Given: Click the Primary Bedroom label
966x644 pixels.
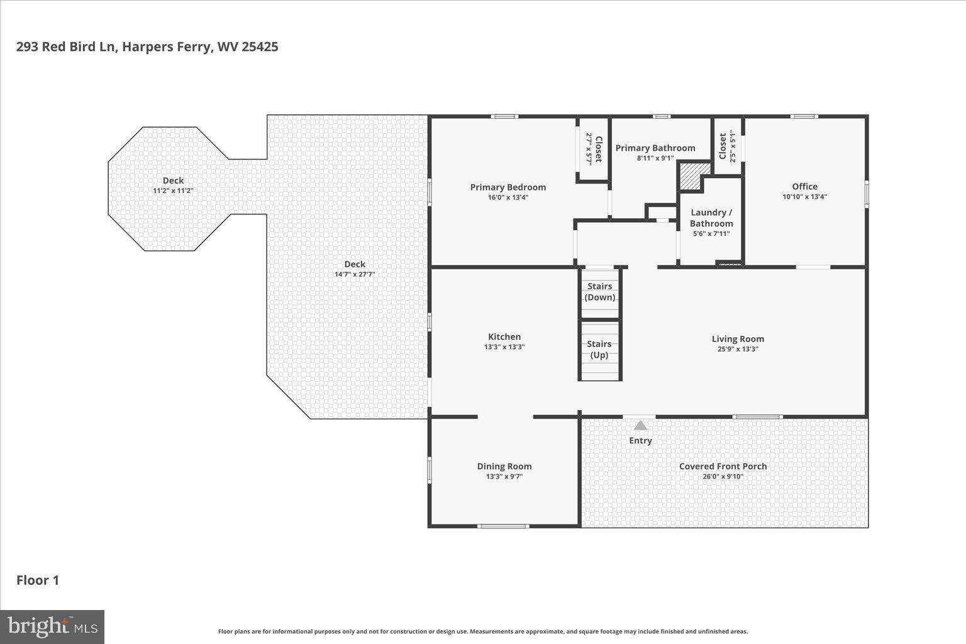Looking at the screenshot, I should (x=508, y=187).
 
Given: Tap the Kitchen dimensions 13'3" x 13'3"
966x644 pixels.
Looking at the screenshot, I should (x=504, y=347).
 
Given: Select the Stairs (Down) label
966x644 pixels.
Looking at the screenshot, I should (x=599, y=292).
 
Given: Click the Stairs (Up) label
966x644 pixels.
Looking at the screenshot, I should (x=599, y=350).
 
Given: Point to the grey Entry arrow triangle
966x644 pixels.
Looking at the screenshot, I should (x=640, y=426).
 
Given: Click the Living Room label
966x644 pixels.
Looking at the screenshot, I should (x=738, y=339).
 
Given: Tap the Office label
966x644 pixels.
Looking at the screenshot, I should (x=804, y=186).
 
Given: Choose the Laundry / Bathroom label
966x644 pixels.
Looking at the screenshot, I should (x=711, y=218).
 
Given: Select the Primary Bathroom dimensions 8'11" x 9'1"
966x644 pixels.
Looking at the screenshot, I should (x=655, y=158).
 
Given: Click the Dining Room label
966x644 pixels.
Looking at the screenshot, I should (x=504, y=466).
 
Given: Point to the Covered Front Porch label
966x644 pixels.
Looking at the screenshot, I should (x=723, y=466).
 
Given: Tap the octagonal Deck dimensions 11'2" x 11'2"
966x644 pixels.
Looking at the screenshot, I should (x=173, y=191).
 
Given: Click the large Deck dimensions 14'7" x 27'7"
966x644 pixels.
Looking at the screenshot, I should (x=354, y=274).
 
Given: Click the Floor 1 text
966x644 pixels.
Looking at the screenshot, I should (x=38, y=580).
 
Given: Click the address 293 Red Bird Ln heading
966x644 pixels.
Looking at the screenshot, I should (x=147, y=47).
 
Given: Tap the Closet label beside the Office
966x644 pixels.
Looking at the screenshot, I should (x=723, y=147).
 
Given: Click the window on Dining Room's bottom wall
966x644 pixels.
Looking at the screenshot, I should (x=502, y=526).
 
